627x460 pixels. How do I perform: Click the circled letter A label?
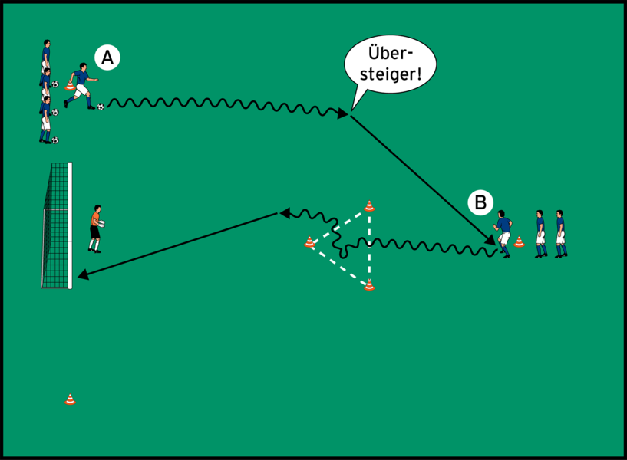(x=107, y=57)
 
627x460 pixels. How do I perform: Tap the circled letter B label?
(x=480, y=203)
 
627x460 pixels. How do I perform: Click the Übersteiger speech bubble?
(x=390, y=63)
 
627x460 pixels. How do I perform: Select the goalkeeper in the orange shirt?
(x=95, y=228)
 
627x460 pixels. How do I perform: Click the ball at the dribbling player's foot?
(x=101, y=107)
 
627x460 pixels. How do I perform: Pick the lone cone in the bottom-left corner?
(x=70, y=399)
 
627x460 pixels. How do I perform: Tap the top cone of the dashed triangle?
(x=369, y=205)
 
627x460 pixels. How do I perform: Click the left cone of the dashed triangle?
(x=309, y=243)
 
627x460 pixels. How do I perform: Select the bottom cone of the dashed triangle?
(x=369, y=285)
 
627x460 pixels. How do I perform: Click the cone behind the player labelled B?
(x=519, y=242)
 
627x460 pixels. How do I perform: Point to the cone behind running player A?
(x=70, y=86)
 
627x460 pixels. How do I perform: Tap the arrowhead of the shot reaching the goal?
(x=81, y=275)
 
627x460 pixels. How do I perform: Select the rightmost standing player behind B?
(x=560, y=233)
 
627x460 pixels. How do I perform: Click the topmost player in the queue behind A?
(x=47, y=54)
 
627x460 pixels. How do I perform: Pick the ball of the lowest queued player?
(x=54, y=140)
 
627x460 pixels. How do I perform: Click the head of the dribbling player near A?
(x=83, y=68)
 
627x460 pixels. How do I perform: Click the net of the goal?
(x=55, y=226)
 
